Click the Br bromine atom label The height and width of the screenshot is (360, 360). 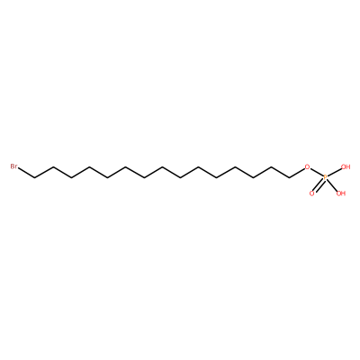[x=13, y=166]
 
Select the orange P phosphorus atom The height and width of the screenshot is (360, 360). [x=325, y=178]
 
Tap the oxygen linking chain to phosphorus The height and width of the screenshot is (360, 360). [x=307, y=166]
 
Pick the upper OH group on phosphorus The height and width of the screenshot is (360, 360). [x=346, y=166]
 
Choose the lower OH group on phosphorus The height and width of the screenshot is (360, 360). [x=341, y=193]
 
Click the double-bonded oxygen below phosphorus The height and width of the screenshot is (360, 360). [x=312, y=193]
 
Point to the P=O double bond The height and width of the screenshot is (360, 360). [x=319, y=186]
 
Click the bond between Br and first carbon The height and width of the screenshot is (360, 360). [x=26, y=174]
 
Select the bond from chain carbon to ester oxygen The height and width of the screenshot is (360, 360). [x=297, y=174]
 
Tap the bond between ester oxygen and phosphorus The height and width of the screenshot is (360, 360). [x=316, y=173]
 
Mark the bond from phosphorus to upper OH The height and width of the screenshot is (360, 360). [x=335, y=173]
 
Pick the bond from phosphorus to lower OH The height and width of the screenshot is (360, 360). [x=332, y=185]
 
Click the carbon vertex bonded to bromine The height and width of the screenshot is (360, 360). [x=35, y=178]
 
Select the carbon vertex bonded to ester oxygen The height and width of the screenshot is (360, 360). [x=290, y=178]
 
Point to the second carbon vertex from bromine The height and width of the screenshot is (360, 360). [x=53, y=166]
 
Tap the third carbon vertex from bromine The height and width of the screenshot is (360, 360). [x=71, y=178]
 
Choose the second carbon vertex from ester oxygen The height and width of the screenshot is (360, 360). [x=271, y=166]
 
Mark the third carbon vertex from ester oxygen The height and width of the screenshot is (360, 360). [x=253, y=178]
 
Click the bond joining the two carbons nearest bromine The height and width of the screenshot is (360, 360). [x=44, y=173]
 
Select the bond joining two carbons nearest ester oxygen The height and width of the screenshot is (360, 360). [x=281, y=173]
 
